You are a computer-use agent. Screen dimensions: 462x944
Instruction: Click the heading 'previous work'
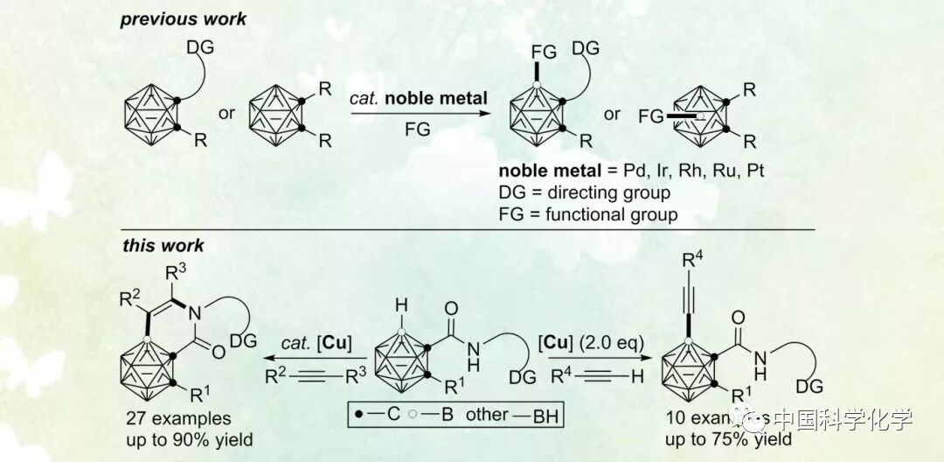[184, 19]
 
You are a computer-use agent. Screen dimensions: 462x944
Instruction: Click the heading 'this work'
[163, 246]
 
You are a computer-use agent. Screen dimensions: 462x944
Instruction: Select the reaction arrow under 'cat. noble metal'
[419, 113]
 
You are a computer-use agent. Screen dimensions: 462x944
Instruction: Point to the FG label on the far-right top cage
[652, 115]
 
